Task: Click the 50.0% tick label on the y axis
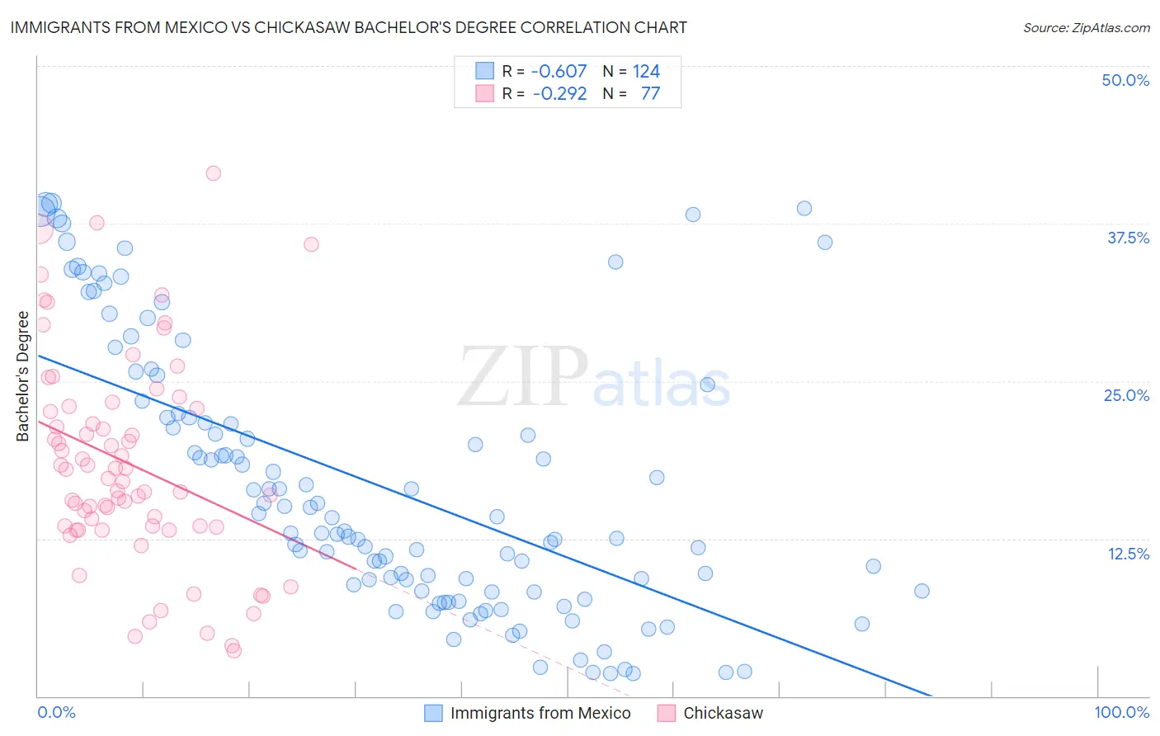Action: pyautogui.click(x=1125, y=80)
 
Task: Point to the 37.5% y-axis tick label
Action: pyautogui.click(x=1128, y=238)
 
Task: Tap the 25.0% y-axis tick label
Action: pyautogui.click(x=1126, y=395)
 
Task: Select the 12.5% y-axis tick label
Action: pyautogui.click(x=1128, y=554)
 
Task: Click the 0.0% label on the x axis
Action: pyautogui.click(x=56, y=712)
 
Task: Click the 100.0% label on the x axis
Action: pyautogui.click(x=1121, y=712)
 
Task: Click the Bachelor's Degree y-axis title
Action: pyautogui.click(x=23, y=376)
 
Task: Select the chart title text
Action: pyautogui.click(x=348, y=27)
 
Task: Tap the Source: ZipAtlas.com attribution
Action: pyautogui.click(x=1086, y=27)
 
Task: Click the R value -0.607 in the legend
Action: pyautogui.click(x=559, y=71)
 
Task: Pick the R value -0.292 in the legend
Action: pyautogui.click(x=559, y=93)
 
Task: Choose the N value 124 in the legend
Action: pyautogui.click(x=646, y=71)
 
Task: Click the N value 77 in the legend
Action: pyautogui.click(x=650, y=93)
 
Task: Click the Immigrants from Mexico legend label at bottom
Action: pyautogui.click(x=540, y=713)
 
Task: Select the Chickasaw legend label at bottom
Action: pyautogui.click(x=723, y=713)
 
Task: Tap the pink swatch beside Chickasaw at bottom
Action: pyautogui.click(x=666, y=713)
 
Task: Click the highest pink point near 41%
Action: pyautogui.click(x=213, y=173)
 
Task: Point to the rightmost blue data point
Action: pyautogui.click(x=922, y=591)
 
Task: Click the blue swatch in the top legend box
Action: pyautogui.click(x=484, y=71)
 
